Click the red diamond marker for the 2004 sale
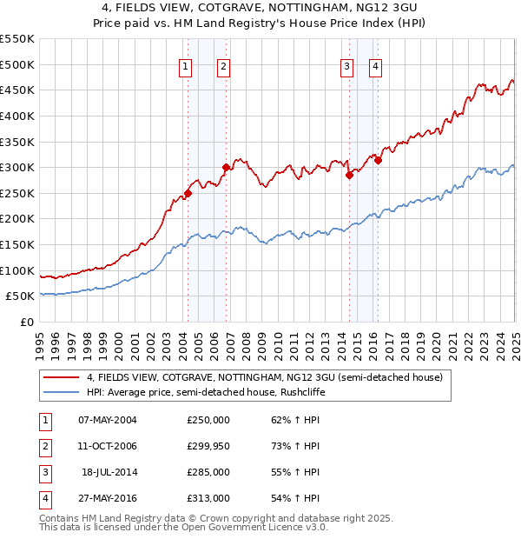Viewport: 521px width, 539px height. (188, 193)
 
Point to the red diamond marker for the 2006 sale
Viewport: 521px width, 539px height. (226, 167)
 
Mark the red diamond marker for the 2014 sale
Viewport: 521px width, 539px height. (349, 175)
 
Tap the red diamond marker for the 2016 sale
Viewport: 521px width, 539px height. (379, 160)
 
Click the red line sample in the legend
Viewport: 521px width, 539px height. (62, 377)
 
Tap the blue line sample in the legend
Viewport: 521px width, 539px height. (62, 392)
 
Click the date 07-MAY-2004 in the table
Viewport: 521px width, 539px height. (107, 419)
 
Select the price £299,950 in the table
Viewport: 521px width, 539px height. (208, 446)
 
